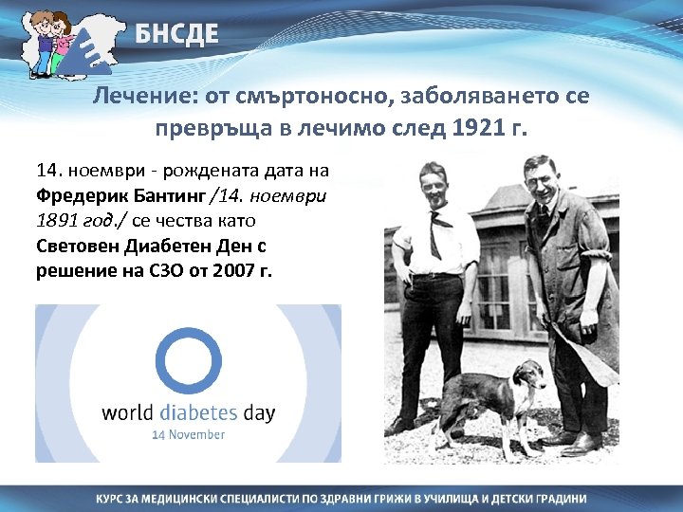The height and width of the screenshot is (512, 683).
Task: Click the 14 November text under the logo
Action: tap(189, 434)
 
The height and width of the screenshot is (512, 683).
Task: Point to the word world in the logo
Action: tap(126, 413)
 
